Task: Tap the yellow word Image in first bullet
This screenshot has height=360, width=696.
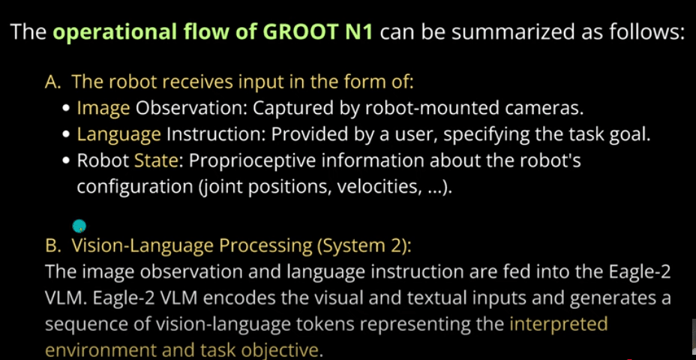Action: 103,108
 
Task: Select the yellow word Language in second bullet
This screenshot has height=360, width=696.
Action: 118,135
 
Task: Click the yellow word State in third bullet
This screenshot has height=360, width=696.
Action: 153,161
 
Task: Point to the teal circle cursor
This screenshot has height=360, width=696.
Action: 79,226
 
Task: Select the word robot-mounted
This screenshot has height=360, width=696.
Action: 442,108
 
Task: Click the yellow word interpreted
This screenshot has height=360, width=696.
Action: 558,325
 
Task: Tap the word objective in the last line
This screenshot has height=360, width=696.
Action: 284,350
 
